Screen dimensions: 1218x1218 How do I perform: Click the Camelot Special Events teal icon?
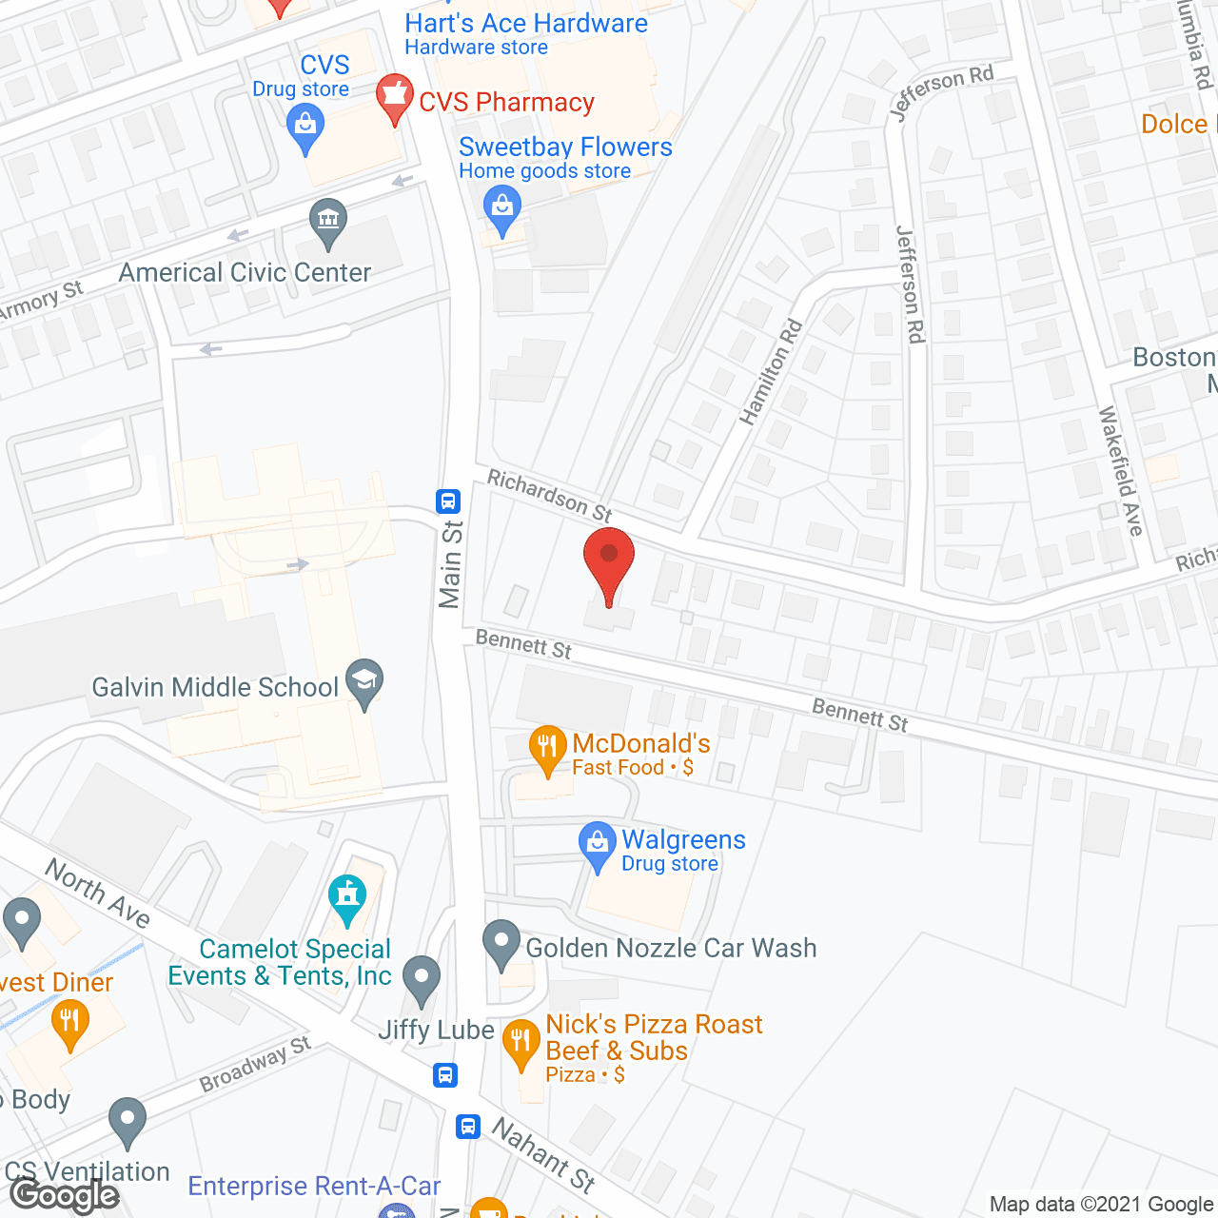coord(347,898)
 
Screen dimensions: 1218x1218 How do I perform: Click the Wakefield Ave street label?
coord(1120,470)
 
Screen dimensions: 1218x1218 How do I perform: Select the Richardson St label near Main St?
coord(549,495)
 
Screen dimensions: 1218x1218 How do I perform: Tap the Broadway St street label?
coord(254,1064)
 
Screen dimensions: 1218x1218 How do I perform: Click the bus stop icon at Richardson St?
coord(448,501)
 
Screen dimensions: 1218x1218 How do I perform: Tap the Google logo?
coord(65,1195)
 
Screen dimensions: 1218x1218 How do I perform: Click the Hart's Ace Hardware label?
coord(526,23)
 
